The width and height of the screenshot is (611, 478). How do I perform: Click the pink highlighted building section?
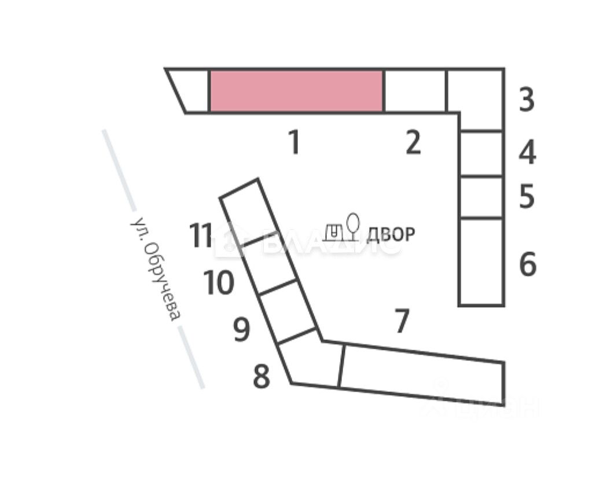296,91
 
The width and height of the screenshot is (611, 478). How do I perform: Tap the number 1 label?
295,142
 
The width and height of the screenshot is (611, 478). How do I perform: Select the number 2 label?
413,142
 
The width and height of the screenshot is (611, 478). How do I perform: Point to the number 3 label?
527,100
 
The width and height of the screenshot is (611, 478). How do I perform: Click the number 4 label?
527,153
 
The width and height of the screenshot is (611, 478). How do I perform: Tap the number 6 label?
528,264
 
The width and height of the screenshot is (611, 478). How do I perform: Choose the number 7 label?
402,321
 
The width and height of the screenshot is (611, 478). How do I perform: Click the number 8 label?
262,377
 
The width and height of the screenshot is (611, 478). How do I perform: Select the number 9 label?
242,330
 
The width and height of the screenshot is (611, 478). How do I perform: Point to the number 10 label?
219,284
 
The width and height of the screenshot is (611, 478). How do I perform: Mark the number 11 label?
201,236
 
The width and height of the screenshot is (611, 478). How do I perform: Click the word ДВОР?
391,234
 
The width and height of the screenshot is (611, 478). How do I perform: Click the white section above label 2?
414,91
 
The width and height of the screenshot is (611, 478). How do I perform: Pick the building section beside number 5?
480,197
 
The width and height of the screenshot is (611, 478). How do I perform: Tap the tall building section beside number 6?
480,262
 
